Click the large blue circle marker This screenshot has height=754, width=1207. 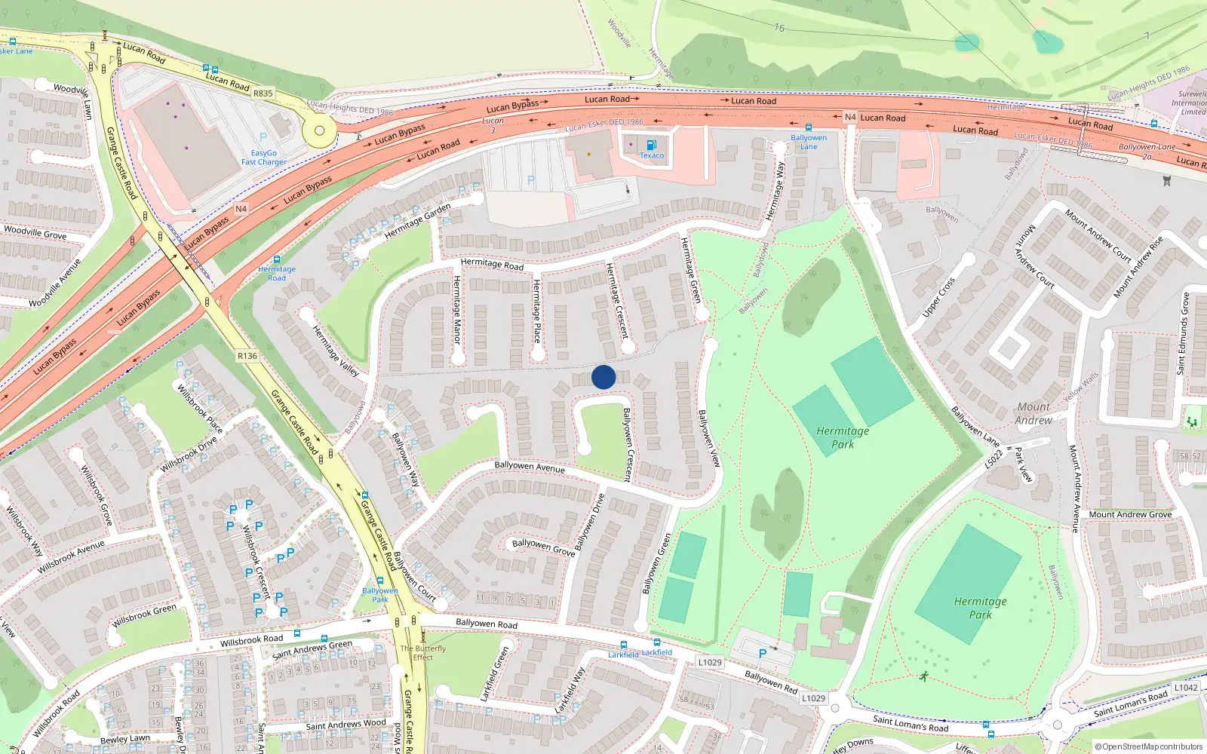pyautogui.click(x=603, y=377)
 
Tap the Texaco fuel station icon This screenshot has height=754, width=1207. pyautogui.click(x=651, y=145)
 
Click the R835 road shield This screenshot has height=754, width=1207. pyautogui.click(x=263, y=93)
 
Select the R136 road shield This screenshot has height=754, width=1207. pyautogui.click(x=247, y=356)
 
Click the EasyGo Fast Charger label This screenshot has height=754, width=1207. pyautogui.click(x=263, y=157)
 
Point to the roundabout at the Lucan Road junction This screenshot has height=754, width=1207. pyautogui.click(x=319, y=130)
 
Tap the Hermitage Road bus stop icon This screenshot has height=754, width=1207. pyautogui.click(x=277, y=259)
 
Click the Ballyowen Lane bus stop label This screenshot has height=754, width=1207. pyautogui.click(x=809, y=142)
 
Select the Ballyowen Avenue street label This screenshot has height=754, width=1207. pyautogui.click(x=530, y=467)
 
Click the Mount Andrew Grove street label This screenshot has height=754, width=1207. pyautogui.click(x=1130, y=514)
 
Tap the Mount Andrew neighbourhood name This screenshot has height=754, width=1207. pyautogui.click(x=1033, y=413)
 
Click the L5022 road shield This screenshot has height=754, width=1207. pyautogui.click(x=994, y=458)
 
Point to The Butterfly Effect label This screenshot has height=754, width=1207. pyautogui.click(x=422, y=652)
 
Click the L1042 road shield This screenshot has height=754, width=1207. pyautogui.click(x=1185, y=688)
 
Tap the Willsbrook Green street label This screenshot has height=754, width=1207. pyautogui.click(x=144, y=616)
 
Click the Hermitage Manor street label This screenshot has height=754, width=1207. pyautogui.click(x=456, y=310)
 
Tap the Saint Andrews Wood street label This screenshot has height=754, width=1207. pyautogui.click(x=346, y=725)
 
